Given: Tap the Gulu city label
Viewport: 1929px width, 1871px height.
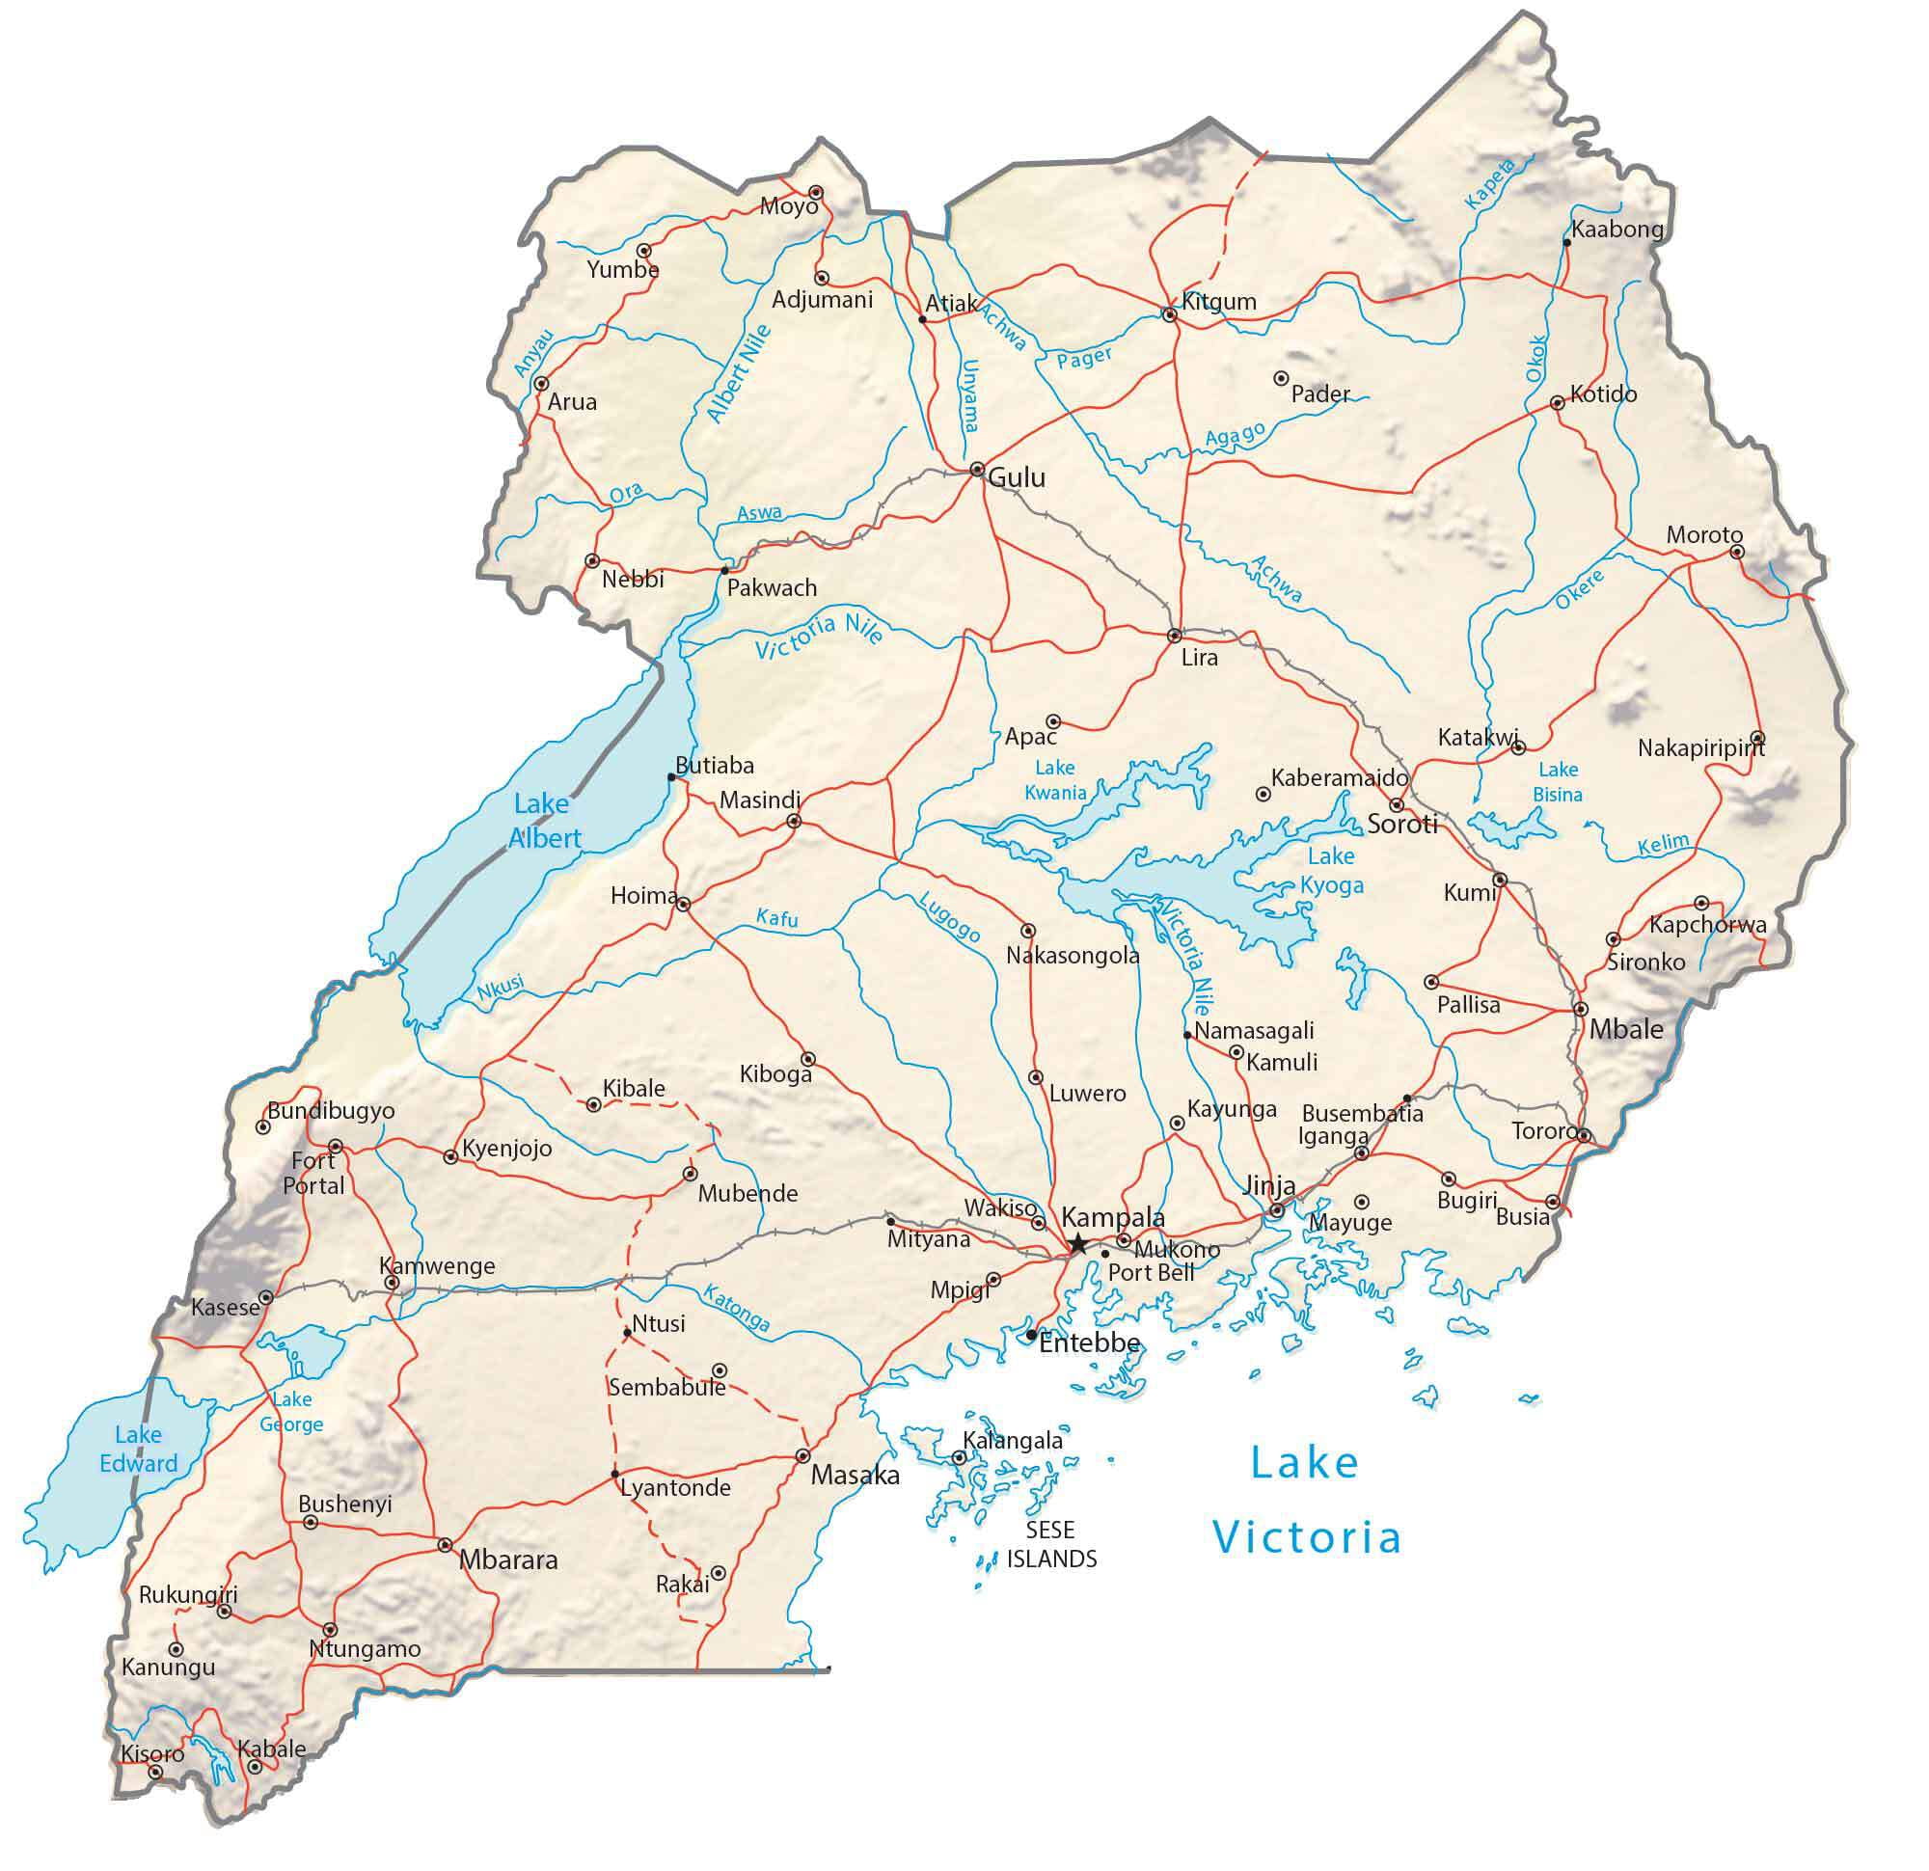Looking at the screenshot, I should [x=1016, y=478].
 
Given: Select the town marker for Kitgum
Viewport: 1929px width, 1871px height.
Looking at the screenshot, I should [x=1169, y=315].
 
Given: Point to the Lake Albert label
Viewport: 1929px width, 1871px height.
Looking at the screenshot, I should [x=544, y=821].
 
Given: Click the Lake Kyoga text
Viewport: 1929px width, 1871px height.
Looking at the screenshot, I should [x=1332, y=871].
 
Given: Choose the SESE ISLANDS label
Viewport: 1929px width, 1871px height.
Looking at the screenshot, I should [x=1050, y=1544].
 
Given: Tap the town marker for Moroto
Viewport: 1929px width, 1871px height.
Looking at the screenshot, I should [x=1737, y=553].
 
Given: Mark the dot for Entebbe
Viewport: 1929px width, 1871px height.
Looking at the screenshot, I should [x=1030, y=1336].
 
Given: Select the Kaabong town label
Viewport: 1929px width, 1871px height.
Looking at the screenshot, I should [x=1617, y=230].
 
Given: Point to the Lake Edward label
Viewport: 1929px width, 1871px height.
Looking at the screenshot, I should [x=138, y=1449].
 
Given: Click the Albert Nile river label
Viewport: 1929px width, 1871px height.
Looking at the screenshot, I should [x=739, y=374].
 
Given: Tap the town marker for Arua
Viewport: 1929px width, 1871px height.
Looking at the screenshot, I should [x=540, y=384].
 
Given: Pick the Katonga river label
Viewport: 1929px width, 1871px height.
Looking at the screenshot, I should [x=736, y=1309].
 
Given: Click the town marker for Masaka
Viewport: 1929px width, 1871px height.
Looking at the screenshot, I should [x=803, y=1455].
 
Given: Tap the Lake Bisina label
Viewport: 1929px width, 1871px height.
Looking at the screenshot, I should [x=1557, y=781].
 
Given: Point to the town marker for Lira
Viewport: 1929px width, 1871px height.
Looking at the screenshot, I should [x=1174, y=636].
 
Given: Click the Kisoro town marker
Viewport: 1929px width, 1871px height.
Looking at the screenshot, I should [x=154, y=1772].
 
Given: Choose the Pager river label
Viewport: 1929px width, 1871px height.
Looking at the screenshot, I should [x=1083, y=357].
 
